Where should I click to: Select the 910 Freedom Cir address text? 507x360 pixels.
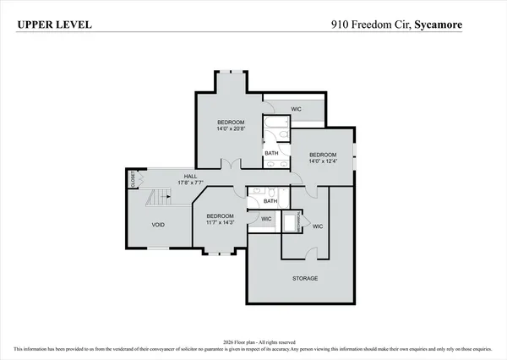pos(370,25)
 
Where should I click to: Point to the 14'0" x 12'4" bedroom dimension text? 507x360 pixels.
pos(322,161)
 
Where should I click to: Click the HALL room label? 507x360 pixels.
pos(190,176)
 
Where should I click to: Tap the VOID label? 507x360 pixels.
pos(158,226)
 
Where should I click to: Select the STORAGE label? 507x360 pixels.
pos(305,278)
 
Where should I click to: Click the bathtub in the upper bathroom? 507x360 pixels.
pos(275,131)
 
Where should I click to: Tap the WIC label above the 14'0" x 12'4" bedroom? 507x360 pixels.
pos(297,109)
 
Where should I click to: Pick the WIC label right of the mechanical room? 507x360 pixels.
pos(318,226)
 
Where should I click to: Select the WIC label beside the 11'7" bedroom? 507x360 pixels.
pos(266,219)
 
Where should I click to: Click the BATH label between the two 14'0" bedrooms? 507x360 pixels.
pos(271,153)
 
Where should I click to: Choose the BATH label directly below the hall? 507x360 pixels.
pos(270,201)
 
